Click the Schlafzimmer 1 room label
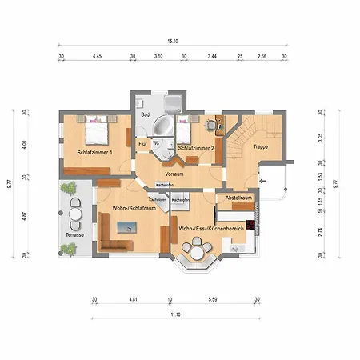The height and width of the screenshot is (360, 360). tap(94, 152)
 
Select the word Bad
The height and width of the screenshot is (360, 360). tap(146, 115)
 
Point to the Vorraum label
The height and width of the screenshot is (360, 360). tap(174, 173)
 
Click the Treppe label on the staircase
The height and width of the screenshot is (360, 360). tap(261, 147)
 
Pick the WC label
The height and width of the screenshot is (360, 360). tap(157, 143)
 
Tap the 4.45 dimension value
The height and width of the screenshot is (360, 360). tap(97, 57)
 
